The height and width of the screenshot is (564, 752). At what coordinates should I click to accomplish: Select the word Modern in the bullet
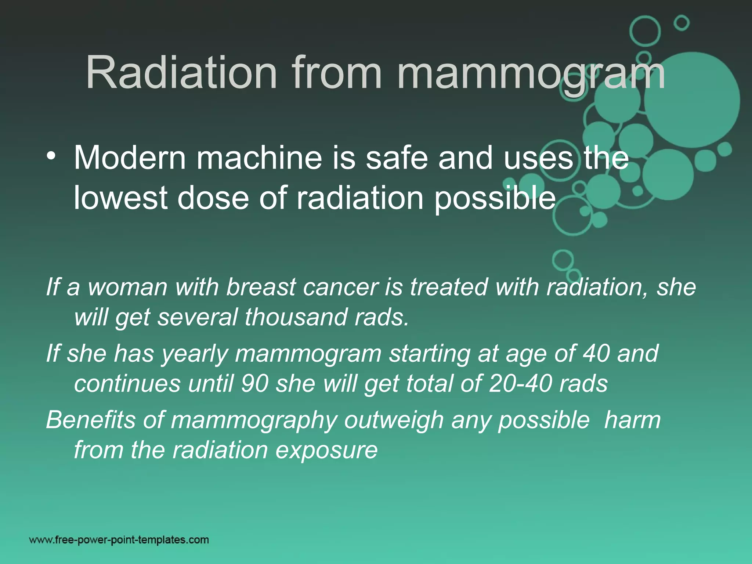[x=130, y=158]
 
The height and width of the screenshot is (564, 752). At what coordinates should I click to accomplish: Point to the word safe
[x=397, y=158]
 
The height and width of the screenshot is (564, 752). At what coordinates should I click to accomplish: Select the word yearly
[x=195, y=354]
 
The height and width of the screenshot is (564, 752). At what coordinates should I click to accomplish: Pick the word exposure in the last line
[x=326, y=450]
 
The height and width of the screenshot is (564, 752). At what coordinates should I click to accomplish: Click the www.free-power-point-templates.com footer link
[x=119, y=540]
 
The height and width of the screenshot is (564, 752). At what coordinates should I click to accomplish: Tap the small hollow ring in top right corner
[x=681, y=23]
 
